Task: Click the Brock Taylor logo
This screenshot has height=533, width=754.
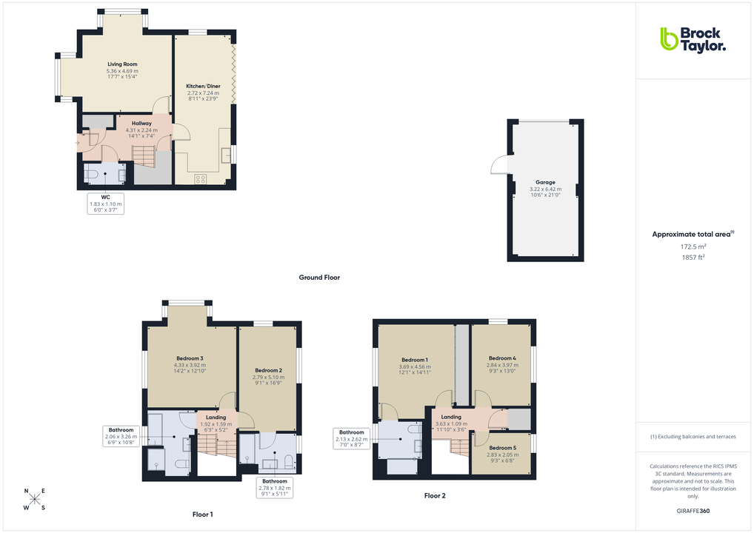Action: (693, 39)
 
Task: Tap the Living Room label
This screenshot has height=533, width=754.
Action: (122, 64)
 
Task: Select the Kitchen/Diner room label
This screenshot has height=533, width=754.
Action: (203, 86)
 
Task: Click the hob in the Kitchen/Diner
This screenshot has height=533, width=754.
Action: (200, 178)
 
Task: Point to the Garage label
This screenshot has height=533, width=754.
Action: (545, 182)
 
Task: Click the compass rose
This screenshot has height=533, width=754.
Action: (34, 499)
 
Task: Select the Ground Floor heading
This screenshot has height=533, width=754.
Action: (319, 278)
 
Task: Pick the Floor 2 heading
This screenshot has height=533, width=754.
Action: (435, 496)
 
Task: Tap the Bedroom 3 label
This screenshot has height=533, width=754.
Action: (189, 358)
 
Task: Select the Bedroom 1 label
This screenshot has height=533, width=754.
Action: (414, 360)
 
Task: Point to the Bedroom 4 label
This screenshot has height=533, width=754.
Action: (502, 358)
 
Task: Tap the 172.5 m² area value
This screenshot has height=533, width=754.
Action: (693, 246)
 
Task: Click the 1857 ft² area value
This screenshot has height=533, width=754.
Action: (693, 257)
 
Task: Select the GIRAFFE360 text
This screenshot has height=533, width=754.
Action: (693, 511)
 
